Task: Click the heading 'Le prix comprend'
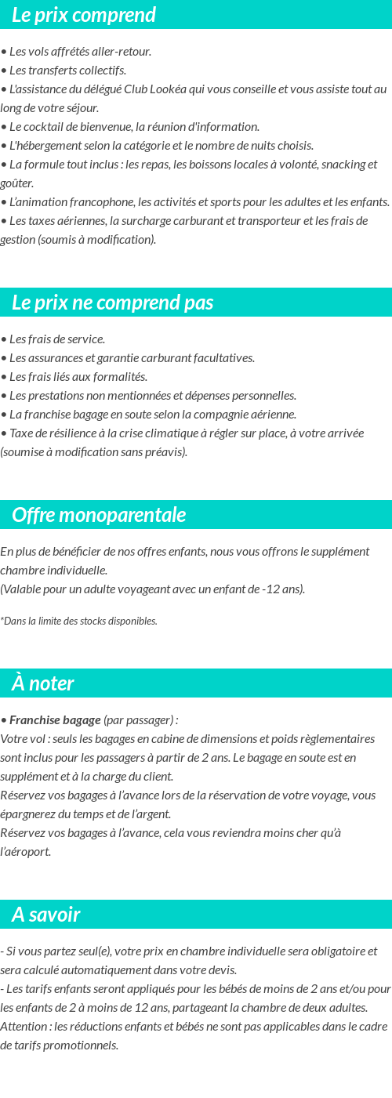point(84,15)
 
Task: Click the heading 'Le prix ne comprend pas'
point(113,303)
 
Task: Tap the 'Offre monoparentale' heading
point(99,515)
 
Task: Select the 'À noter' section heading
point(43,683)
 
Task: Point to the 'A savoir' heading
point(46,915)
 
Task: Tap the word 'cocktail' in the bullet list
point(47,126)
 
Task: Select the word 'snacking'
point(334,164)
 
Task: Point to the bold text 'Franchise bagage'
point(55,719)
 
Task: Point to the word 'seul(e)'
point(92,951)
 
